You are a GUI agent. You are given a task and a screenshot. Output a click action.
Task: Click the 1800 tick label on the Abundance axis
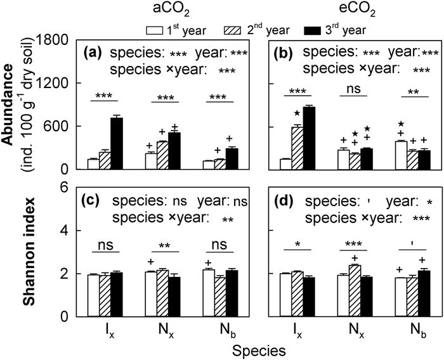53,39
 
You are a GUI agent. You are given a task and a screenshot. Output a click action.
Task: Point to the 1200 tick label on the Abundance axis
53,83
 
